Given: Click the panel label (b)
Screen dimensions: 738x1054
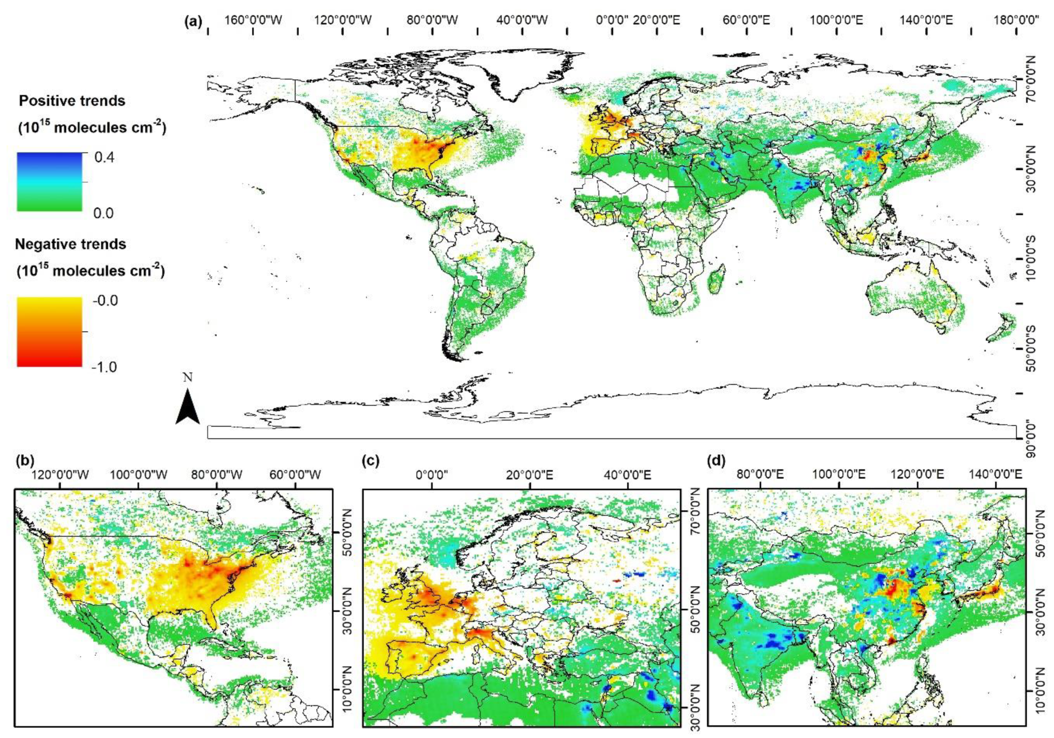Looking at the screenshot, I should click(26, 460).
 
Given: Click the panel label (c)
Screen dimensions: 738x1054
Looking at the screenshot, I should click(371, 461).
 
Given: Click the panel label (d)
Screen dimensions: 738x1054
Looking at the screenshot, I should click(717, 461).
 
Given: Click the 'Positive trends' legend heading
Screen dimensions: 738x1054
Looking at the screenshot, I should click(72, 101).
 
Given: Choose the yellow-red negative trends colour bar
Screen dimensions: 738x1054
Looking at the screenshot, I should click(50, 332).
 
